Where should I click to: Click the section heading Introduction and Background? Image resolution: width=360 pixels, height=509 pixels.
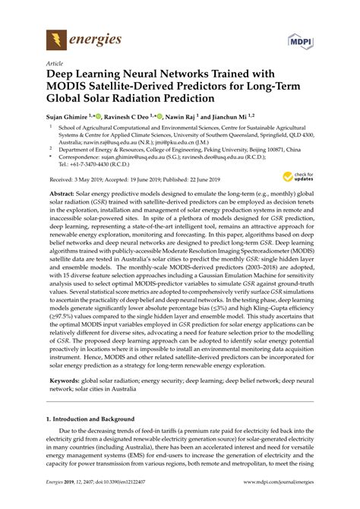click(95, 420)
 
